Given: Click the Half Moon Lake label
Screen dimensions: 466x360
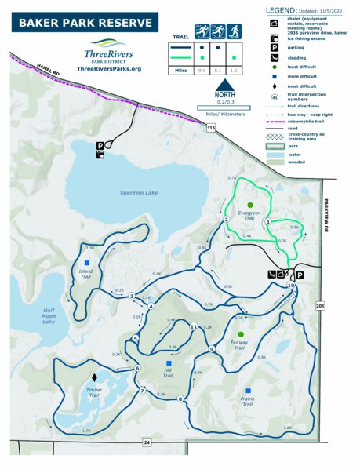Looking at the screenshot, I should (49, 316).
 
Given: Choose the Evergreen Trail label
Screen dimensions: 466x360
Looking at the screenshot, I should (249, 214).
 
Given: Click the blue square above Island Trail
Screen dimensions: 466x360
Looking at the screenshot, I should (87, 263).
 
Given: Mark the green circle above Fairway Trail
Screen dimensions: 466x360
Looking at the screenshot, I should (241, 334).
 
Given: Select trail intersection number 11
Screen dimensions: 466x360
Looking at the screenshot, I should (194, 326).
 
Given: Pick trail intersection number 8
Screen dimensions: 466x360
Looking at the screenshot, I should (181, 399).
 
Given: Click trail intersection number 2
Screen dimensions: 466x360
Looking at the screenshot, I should (226, 220).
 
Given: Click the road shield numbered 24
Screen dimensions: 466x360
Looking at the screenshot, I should (147, 443).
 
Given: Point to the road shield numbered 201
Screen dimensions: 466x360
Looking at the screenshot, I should (319, 305).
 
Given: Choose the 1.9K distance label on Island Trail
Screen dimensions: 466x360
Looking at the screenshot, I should (90, 248).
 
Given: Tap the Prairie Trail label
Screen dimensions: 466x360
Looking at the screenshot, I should (248, 402).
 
